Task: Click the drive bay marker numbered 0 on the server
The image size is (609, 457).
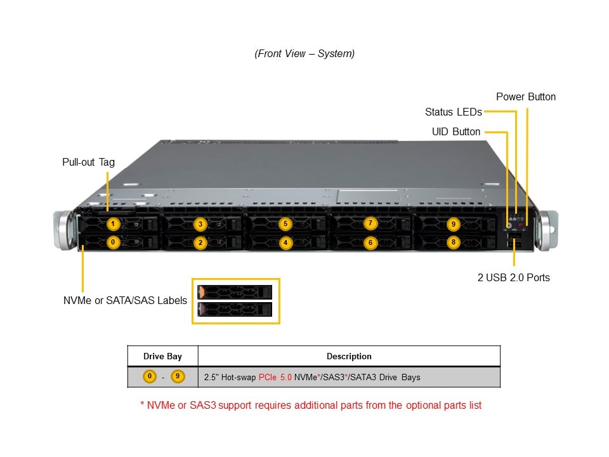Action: coord(112,242)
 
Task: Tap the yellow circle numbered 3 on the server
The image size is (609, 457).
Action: coord(200,224)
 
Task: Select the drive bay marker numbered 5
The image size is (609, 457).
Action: coord(285,223)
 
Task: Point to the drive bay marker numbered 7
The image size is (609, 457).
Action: coord(371,223)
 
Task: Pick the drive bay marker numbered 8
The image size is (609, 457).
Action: coord(452,242)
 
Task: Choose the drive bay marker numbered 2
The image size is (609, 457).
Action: coord(200,242)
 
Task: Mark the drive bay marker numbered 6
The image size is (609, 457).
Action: coord(371,242)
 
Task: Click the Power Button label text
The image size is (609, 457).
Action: coord(526,97)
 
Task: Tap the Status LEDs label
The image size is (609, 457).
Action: coord(454,112)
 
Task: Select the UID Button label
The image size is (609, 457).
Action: coord(456,132)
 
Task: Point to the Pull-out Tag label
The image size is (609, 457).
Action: coord(89,162)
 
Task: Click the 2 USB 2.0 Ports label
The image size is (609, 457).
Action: coord(514,277)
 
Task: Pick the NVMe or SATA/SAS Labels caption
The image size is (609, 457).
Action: coord(125,300)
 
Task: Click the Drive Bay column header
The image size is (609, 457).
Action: coord(162,356)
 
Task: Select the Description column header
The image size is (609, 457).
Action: coord(349,356)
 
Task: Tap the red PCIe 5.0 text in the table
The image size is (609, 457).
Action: coord(275,377)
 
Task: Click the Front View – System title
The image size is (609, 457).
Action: coord(304,54)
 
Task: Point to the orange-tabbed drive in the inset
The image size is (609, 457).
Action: coord(235,292)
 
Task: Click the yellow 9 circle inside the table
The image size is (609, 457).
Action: coord(178,376)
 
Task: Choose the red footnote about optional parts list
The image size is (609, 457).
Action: coord(311,405)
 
